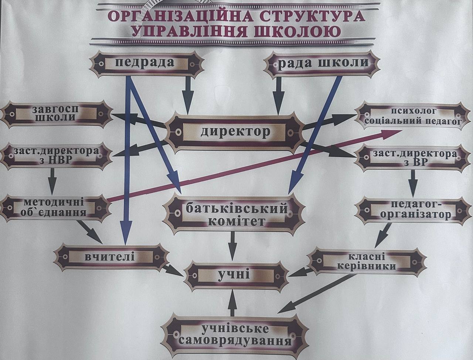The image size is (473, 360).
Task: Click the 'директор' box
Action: click(236, 132)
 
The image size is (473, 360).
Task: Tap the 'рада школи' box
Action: click(323, 63)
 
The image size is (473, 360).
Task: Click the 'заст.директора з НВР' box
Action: click(56, 156)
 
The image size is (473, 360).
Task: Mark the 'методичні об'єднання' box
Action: click(55, 207)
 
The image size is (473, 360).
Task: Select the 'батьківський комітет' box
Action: click(236, 214)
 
